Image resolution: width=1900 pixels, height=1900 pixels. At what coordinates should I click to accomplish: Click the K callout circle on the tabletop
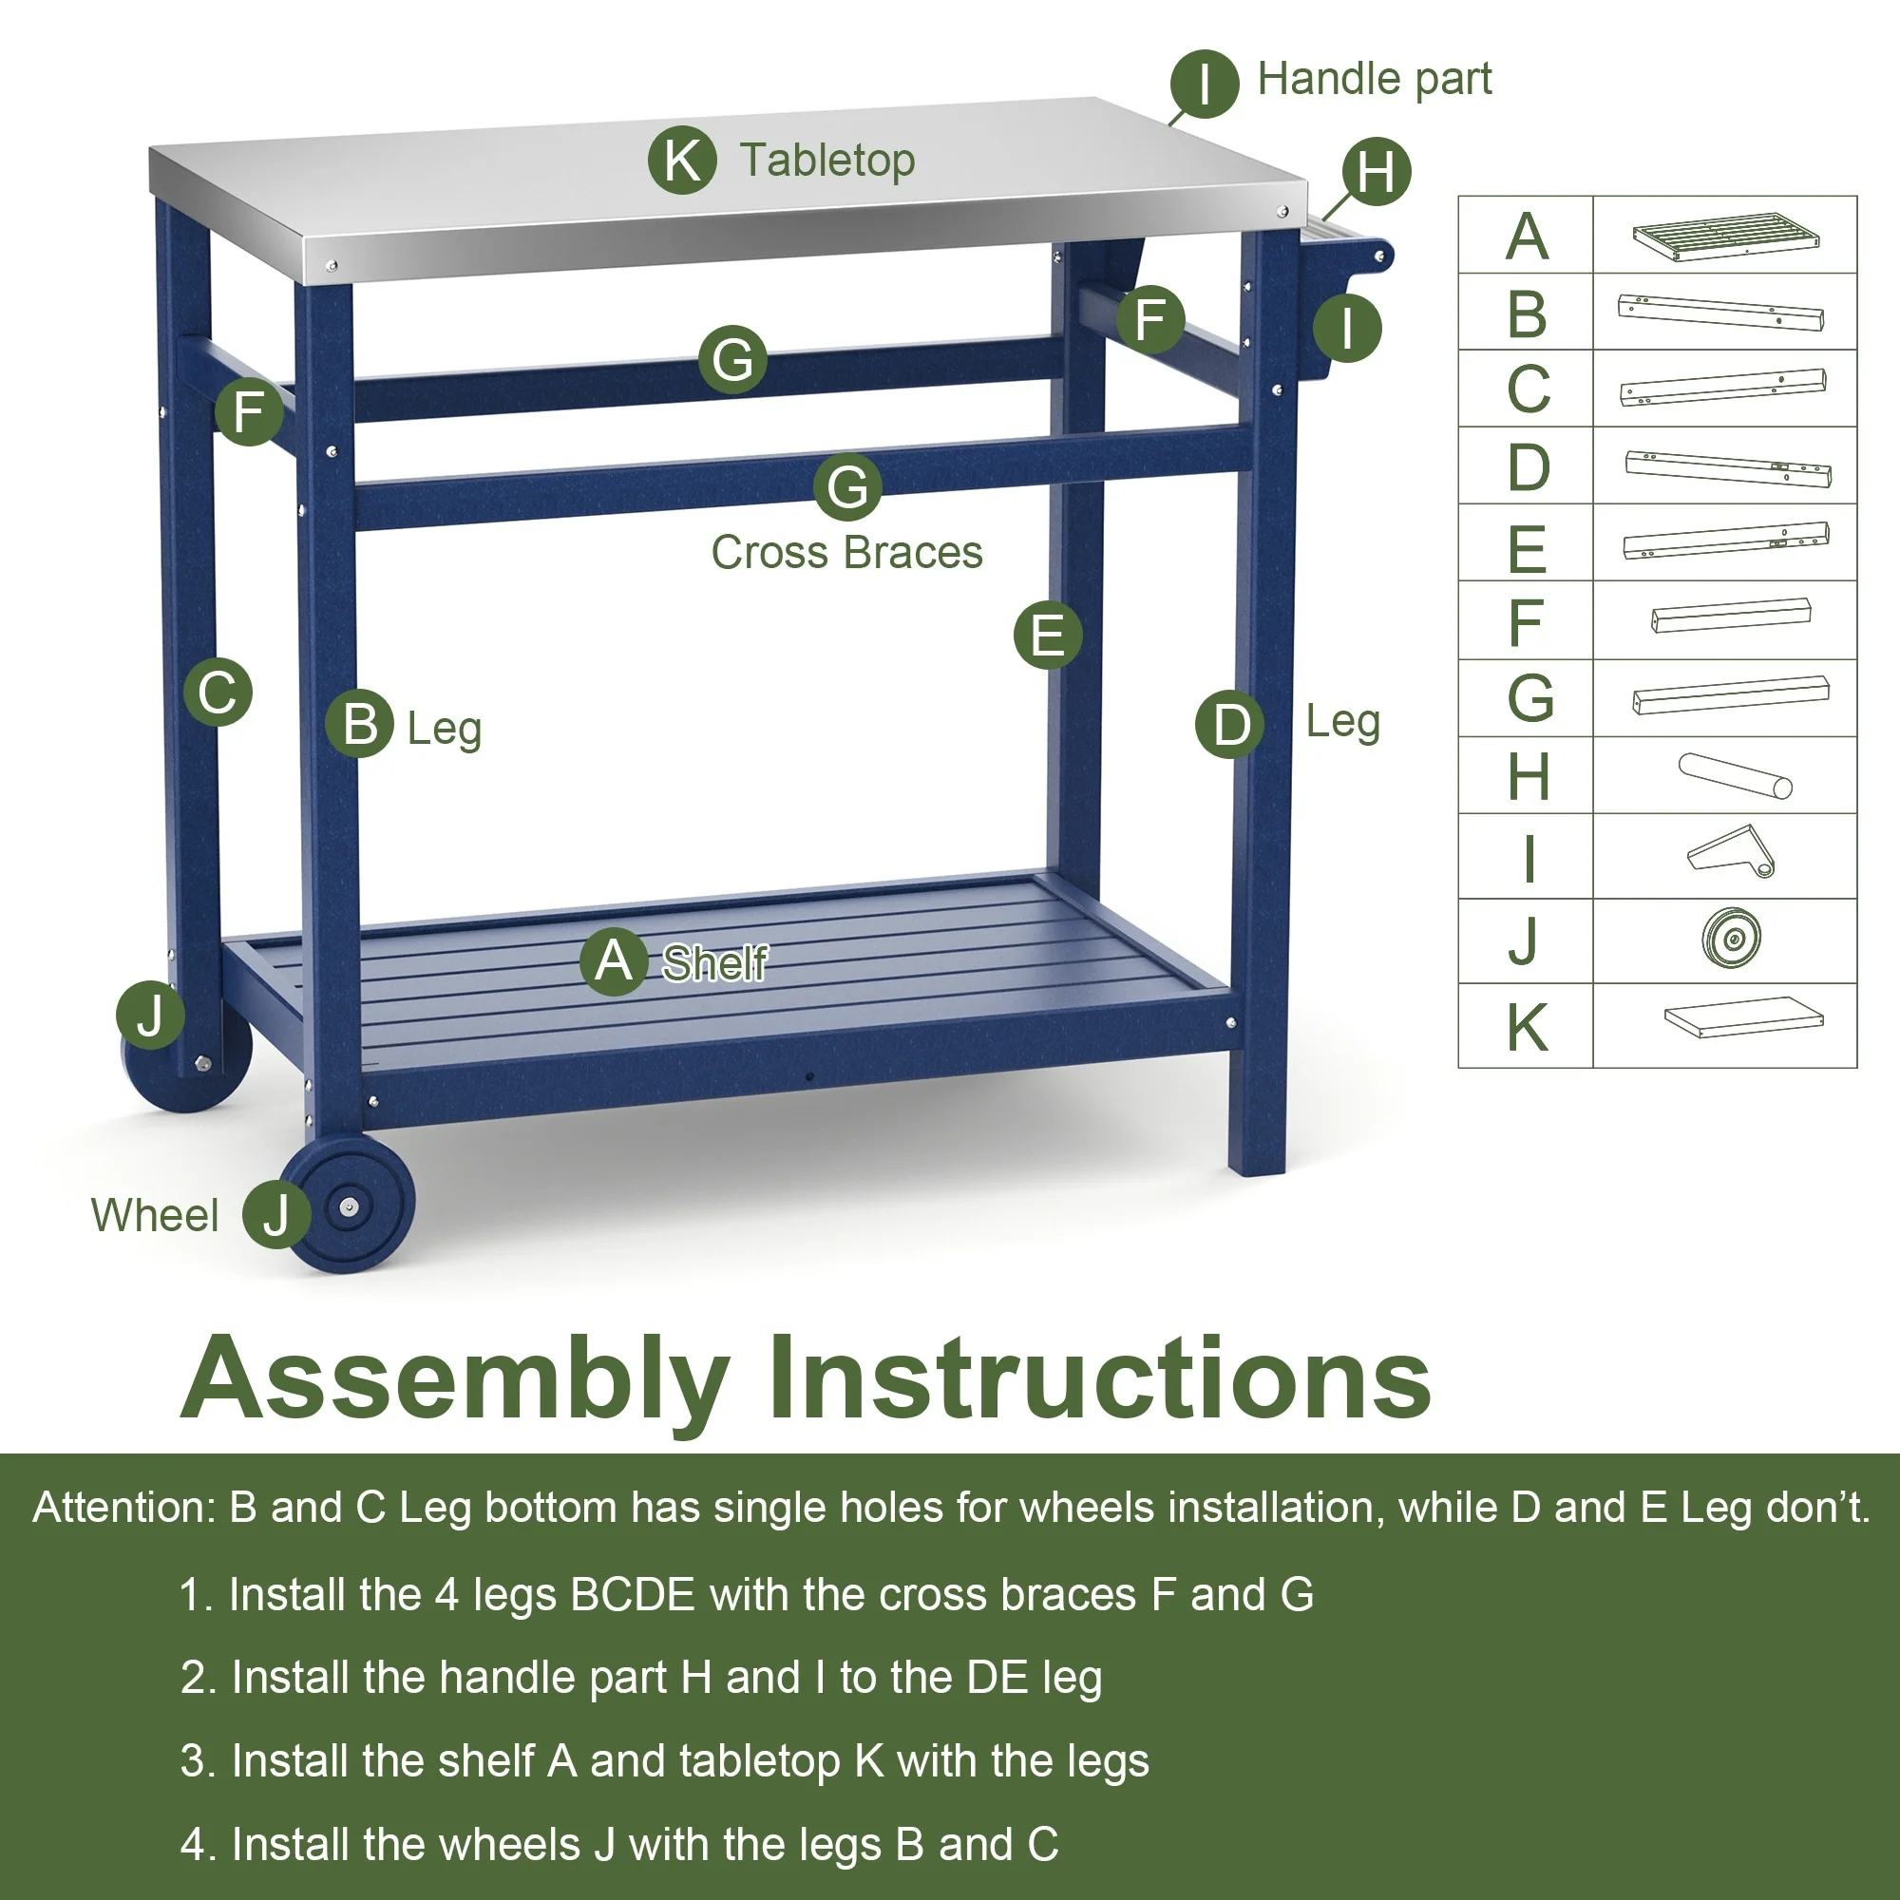(681, 160)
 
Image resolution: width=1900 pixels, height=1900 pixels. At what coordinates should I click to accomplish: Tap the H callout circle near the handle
(1376, 171)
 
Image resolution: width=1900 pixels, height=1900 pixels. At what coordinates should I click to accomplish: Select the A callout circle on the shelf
(614, 960)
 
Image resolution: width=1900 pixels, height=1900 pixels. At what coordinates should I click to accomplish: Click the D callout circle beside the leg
(1229, 725)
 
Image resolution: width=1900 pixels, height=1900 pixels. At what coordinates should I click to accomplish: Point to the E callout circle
(1047, 635)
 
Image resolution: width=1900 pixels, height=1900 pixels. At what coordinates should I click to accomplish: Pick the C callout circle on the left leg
(218, 692)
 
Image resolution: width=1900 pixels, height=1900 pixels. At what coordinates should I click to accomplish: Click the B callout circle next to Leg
(360, 724)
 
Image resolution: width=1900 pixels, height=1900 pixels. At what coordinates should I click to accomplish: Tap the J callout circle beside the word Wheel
(276, 1214)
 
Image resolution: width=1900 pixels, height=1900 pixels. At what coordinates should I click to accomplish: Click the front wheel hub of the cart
(349, 1206)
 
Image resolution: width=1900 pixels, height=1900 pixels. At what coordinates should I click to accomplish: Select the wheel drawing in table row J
(1731, 939)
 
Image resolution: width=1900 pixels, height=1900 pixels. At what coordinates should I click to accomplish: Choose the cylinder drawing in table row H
(1735, 776)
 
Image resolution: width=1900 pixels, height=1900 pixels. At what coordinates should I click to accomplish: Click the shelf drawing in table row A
(1725, 236)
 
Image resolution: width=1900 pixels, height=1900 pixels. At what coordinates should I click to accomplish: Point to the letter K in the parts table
(1528, 1028)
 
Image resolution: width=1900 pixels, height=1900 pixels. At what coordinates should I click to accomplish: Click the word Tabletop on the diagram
(827, 161)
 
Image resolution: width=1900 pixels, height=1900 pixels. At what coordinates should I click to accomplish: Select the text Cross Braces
(846, 553)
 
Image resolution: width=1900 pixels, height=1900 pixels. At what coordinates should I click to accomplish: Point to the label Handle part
(1374, 79)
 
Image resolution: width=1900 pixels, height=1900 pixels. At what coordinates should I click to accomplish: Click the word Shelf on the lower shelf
(715, 962)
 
